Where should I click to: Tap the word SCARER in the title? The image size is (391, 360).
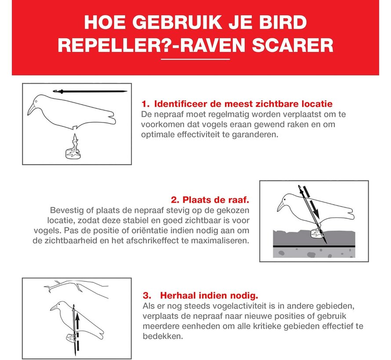(x=294, y=45)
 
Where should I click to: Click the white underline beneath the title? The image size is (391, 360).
(x=195, y=58)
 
